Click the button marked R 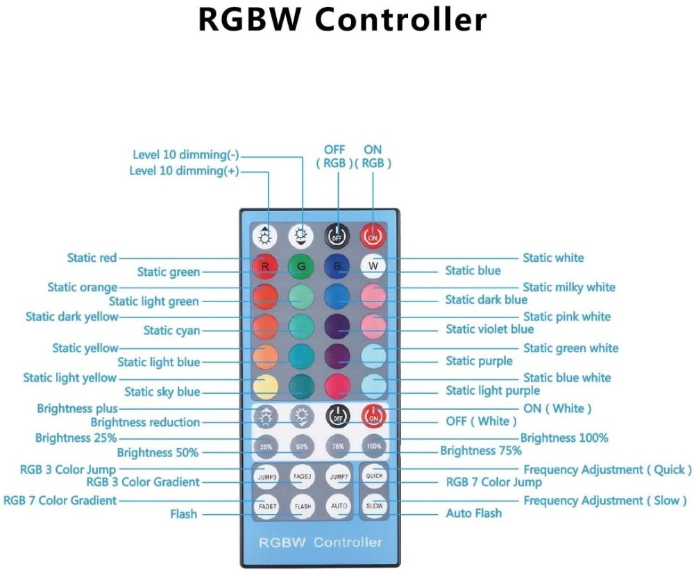[265, 265]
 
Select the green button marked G [301, 265]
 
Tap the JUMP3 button [266, 477]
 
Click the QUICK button [374, 477]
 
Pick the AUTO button [339, 505]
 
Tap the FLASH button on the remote [302, 506]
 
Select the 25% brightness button [266, 445]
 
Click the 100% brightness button [374, 445]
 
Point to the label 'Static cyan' [171, 331]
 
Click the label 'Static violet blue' [489, 329]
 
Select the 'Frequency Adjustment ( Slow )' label [605, 500]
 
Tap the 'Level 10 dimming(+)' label [184, 171]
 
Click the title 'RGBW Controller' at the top [343, 20]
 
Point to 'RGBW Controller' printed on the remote [320, 541]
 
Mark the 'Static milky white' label [568, 287]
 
